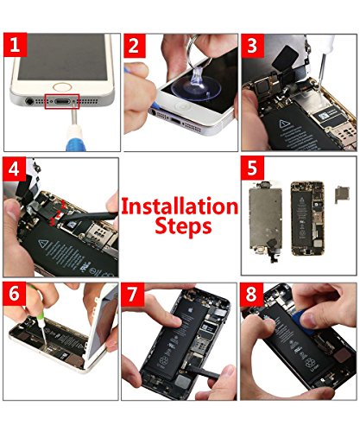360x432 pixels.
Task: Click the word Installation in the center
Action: tap(179, 206)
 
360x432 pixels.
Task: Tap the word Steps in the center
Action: tap(179, 228)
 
